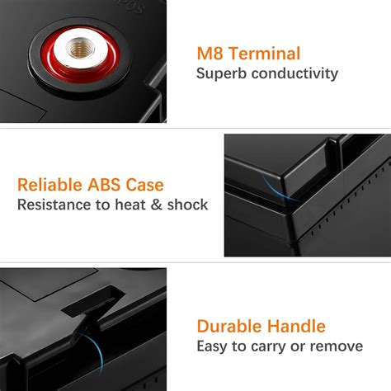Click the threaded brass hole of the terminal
[80, 48]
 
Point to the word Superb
[222, 74]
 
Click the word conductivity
[294, 73]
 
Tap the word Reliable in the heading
[49, 185]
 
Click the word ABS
[104, 185]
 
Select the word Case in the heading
[144, 185]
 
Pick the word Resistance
[54, 205]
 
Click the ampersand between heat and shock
[157, 205]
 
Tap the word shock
[187, 205]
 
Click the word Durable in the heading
[229, 327]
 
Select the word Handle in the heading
[296, 327]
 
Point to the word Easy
[212, 346]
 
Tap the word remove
[337, 346]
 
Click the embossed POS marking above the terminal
[131, 7]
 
